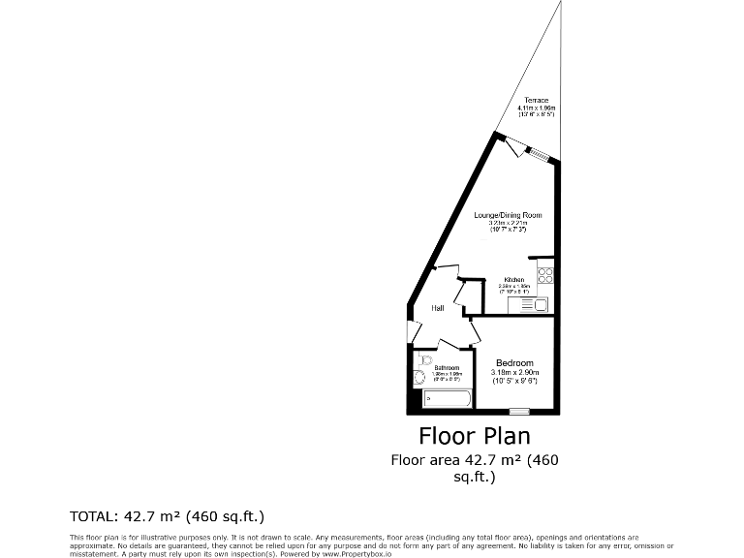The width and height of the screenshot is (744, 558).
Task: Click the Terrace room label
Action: pyautogui.click(x=537, y=101)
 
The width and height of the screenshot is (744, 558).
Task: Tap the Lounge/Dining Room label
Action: pyautogui.click(x=508, y=214)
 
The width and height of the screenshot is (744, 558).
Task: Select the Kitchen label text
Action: pyautogui.click(x=513, y=280)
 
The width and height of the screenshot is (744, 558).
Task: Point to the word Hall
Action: pyautogui.click(x=438, y=308)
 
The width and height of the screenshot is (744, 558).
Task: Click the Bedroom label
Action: pyautogui.click(x=514, y=363)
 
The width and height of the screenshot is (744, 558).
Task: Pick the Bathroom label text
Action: pyautogui.click(x=447, y=367)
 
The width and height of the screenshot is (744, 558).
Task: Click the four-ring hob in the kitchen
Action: pyautogui.click(x=544, y=274)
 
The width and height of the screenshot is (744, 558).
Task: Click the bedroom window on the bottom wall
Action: pyautogui.click(x=519, y=414)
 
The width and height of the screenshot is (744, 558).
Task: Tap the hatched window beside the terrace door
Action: pyautogui.click(x=539, y=155)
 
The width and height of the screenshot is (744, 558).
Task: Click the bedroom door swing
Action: pyautogui.click(x=474, y=333)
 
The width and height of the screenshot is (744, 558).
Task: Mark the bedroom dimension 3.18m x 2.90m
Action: pyautogui.click(x=514, y=373)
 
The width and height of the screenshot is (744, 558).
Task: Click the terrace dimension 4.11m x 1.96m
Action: pyautogui.click(x=537, y=108)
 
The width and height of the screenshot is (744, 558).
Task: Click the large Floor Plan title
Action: pyautogui.click(x=474, y=436)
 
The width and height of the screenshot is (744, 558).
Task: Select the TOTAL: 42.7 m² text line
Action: pyautogui.click(x=167, y=515)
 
